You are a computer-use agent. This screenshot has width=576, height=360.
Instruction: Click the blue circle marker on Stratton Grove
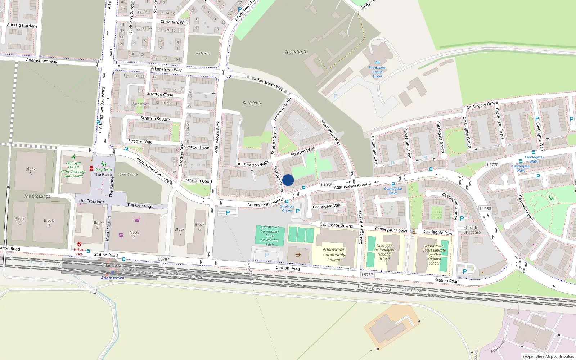288,180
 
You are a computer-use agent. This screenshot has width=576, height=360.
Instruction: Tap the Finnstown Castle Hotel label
377,72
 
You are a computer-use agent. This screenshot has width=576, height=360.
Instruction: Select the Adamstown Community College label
334,255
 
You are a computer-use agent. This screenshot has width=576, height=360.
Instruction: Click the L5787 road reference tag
163,259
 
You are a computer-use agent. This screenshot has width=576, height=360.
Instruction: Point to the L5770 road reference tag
492,165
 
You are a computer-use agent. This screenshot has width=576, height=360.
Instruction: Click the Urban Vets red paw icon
79,244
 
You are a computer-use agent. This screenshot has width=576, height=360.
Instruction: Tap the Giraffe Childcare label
472,230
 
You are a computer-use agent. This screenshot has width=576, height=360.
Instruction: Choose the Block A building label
31,171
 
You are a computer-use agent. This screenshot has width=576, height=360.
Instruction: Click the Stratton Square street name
155,118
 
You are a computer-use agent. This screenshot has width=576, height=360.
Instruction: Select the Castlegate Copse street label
391,230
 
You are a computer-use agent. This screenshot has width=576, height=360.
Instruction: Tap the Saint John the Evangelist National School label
384,252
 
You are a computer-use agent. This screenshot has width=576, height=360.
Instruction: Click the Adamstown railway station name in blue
112,278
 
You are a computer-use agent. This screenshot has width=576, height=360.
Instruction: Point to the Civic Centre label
129,174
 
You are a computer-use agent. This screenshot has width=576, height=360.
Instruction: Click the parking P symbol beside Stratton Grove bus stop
298,211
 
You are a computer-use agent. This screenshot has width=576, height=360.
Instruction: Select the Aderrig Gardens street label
22,25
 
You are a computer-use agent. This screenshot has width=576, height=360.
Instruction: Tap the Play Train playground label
103,170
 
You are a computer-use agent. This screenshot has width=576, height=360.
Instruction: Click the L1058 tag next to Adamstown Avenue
327,185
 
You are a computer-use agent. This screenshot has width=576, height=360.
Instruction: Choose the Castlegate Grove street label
482,105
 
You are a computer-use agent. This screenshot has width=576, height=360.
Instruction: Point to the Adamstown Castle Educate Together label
434,255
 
